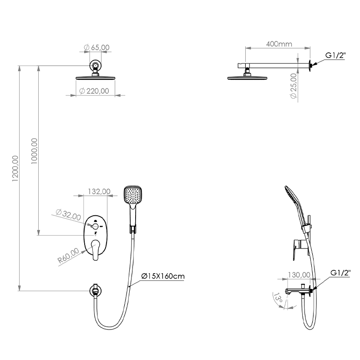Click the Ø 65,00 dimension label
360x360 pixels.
96,47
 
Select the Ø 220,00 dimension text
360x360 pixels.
94,91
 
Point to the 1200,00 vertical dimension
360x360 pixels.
15,168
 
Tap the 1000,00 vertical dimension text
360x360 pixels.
34,151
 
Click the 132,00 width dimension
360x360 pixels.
99,191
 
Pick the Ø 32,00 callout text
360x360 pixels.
68,215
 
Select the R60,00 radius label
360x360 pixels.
68,255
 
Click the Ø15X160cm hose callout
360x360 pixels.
163,276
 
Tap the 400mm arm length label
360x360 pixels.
279,44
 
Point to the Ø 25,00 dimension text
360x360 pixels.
294,86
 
